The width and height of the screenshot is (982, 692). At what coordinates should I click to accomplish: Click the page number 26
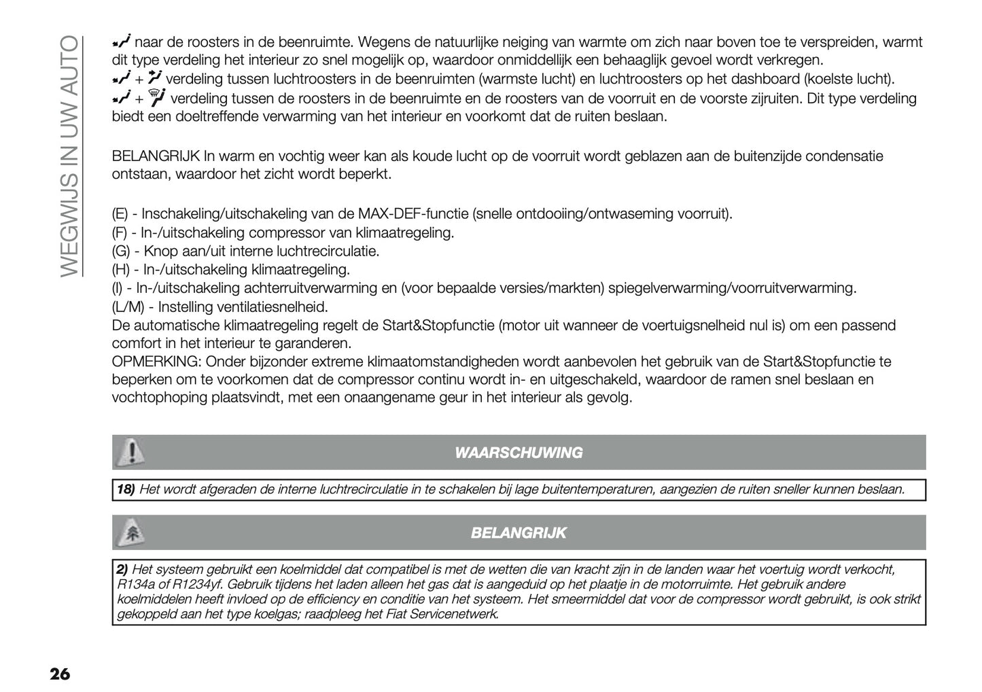point(59,674)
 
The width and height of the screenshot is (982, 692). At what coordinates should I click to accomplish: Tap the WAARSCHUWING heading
point(519,453)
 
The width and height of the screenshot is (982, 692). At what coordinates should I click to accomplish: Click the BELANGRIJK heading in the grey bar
point(519,533)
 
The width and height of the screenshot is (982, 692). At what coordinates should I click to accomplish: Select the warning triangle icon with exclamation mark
point(132,452)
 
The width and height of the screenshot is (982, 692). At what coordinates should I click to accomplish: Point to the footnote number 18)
point(124,489)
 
